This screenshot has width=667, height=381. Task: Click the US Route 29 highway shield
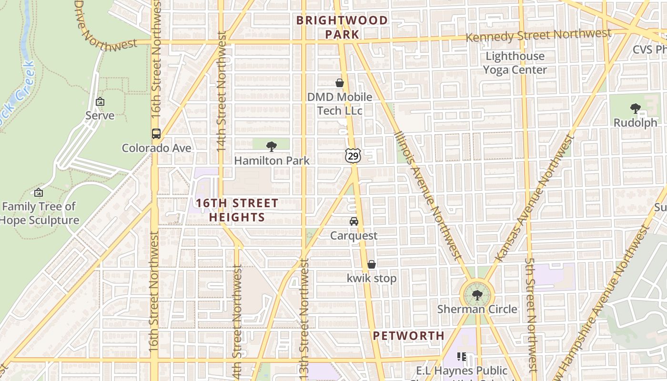point(353,156)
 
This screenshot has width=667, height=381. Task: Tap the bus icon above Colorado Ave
point(156,134)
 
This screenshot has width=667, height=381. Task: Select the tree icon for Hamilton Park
point(272,146)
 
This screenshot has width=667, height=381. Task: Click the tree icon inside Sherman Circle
point(477,295)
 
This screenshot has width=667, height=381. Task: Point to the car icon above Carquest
point(354,221)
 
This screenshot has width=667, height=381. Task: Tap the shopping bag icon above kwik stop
point(372,264)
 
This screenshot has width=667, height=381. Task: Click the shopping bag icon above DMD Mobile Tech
point(340,83)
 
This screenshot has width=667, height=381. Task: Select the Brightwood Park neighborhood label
point(342,27)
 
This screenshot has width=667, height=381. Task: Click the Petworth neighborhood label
point(408,336)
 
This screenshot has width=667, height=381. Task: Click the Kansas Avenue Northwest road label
point(534,198)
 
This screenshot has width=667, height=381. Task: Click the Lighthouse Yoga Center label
point(515,63)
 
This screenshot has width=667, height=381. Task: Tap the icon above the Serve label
point(100,101)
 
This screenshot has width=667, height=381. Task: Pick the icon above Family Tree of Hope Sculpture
point(39,192)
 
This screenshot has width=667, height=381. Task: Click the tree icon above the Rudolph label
point(635,109)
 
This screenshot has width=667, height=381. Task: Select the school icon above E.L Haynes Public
point(461,356)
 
